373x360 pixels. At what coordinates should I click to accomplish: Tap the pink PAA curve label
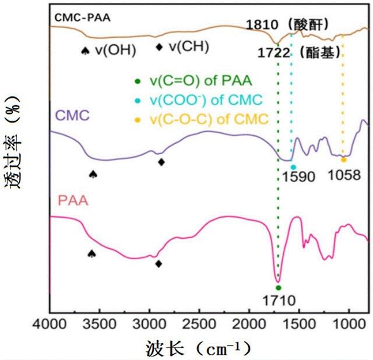[73, 202]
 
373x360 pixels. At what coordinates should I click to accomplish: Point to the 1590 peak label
[295, 176]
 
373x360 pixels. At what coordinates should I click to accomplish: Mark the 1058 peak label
[344, 176]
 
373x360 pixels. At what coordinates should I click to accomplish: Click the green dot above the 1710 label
[279, 288]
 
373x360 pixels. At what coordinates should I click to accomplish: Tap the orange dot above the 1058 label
[344, 159]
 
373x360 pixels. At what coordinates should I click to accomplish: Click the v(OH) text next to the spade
[117, 50]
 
